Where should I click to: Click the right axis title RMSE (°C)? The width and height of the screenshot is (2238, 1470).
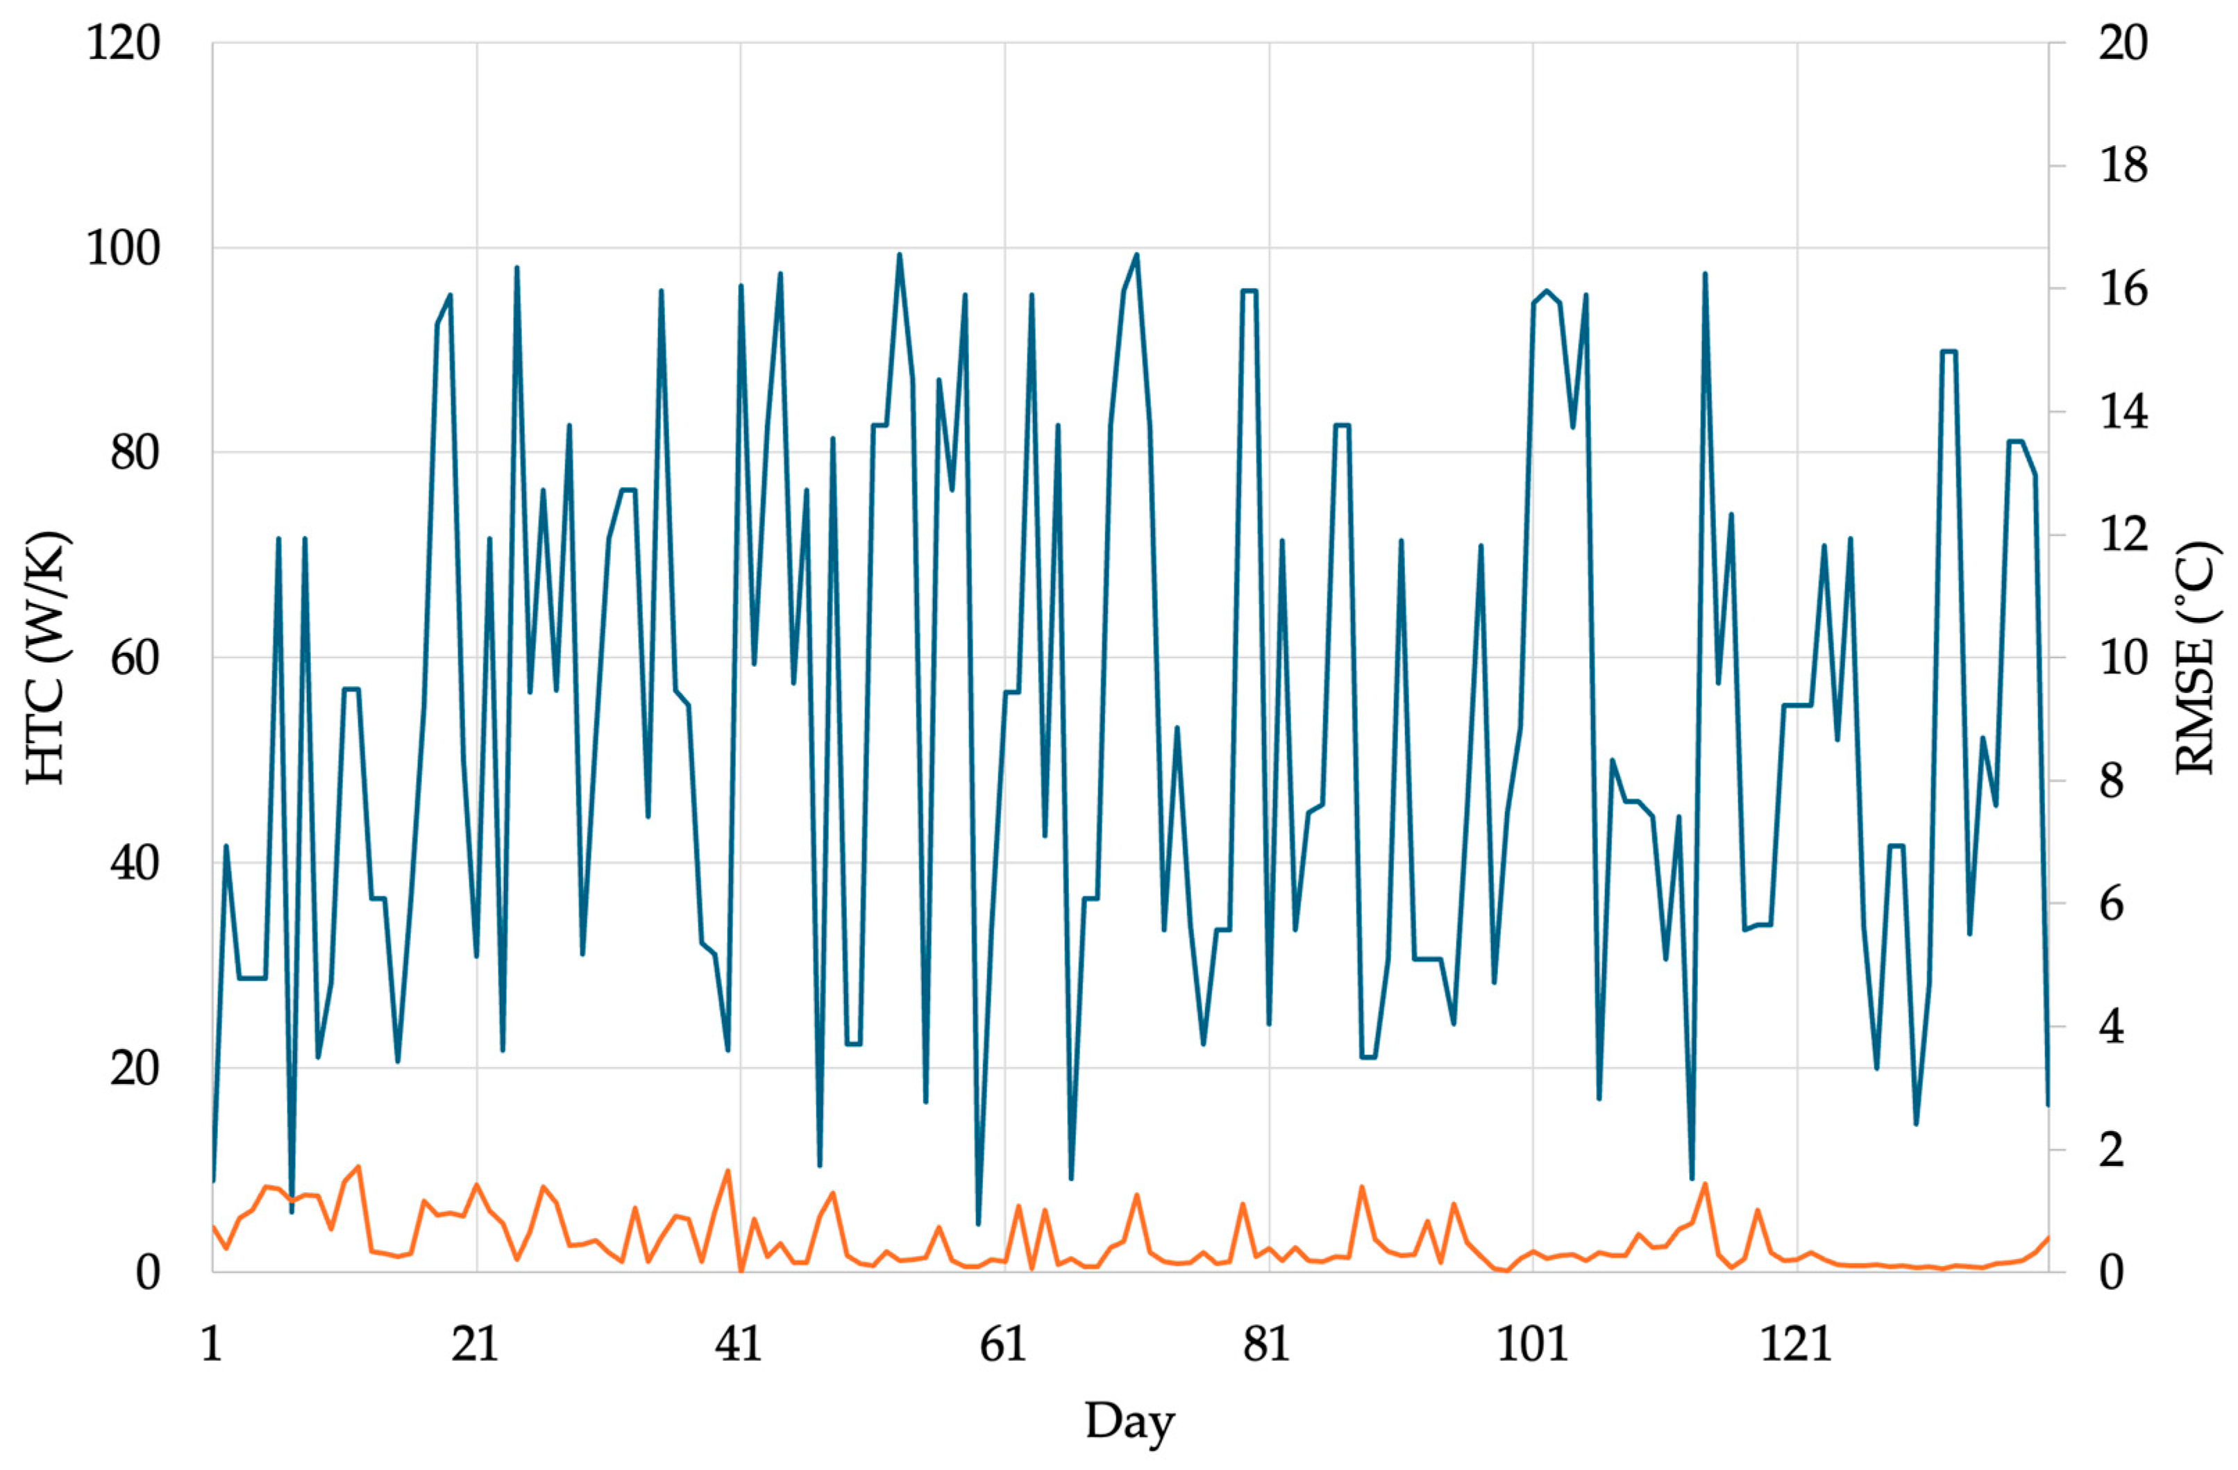tap(2196, 658)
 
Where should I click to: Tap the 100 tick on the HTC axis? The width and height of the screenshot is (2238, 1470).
tap(123, 249)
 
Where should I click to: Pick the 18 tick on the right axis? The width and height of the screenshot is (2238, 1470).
tap(2123, 167)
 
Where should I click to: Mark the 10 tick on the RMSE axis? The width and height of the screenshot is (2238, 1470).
tap(2123, 658)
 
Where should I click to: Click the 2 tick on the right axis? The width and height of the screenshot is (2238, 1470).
tap(2112, 1150)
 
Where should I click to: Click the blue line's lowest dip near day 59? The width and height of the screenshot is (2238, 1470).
tap(978, 1223)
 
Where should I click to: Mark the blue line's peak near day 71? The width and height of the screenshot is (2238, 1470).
tap(1137, 255)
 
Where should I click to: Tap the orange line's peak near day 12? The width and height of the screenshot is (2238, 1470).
tap(358, 1167)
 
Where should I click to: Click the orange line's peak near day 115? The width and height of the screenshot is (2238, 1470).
tap(1705, 1184)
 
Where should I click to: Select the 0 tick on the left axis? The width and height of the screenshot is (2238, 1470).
tap(148, 1273)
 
